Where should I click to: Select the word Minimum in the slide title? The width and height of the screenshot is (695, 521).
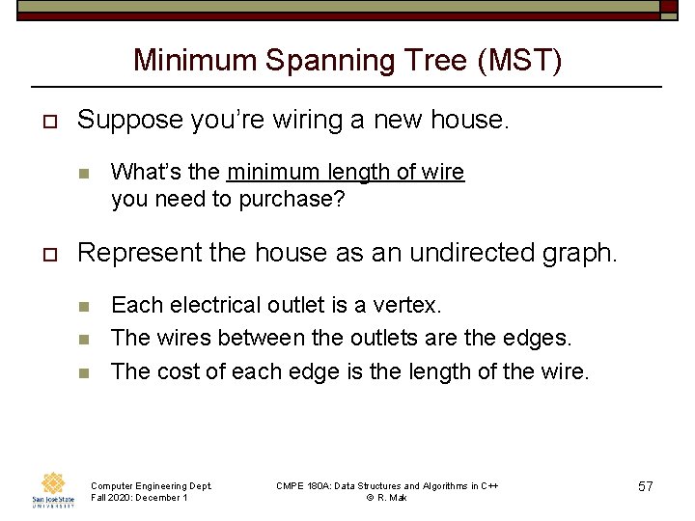(195, 61)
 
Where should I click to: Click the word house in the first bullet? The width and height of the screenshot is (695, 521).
(466, 121)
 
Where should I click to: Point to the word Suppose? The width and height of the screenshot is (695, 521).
(130, 121)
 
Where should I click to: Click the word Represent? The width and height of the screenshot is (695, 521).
(137, 253)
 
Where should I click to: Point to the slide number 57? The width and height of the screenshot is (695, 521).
(646, 487)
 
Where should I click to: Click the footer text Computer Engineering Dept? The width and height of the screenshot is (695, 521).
(151, 485)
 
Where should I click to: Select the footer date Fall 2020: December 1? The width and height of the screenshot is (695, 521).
(138, 498)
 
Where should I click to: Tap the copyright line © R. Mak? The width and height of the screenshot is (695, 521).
(387, 498)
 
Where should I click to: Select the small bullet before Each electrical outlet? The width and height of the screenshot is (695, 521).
(83, 307)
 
